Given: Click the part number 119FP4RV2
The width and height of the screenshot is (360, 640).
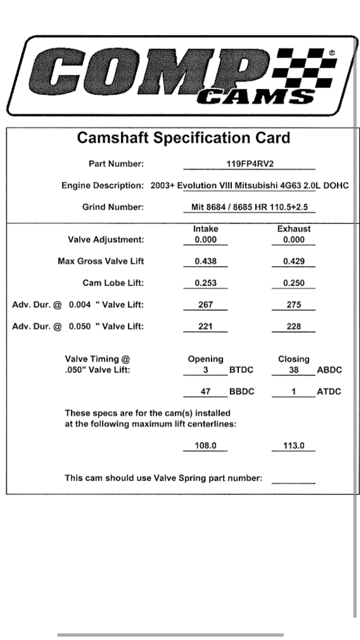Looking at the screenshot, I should point(250,164).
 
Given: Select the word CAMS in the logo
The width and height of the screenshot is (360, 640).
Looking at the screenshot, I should point(255,96).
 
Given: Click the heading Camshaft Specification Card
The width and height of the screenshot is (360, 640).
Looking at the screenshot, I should point(183,138).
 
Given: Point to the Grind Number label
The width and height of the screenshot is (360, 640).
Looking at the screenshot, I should point(113,207).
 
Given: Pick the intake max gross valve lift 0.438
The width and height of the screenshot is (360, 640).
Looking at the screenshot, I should point(205,261).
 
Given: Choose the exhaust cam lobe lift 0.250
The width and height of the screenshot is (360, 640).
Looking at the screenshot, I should point(294,283).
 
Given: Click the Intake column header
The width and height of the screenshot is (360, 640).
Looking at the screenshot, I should point(205,229).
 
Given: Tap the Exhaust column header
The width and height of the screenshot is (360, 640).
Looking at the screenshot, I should point(294,229).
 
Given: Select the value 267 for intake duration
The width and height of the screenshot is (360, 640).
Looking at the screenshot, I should point(205,304).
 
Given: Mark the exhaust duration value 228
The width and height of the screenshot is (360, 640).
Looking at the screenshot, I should point(294,326).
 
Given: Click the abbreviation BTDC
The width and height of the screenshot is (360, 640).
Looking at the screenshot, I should point(241,370).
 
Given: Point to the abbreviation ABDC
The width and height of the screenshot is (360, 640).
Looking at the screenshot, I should point(329,370).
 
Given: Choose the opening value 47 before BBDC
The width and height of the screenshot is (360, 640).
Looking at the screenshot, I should point(205,391).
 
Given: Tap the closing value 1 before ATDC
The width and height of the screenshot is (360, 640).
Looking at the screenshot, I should point(294,391).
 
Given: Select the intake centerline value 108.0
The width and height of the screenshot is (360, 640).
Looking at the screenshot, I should point(205,445).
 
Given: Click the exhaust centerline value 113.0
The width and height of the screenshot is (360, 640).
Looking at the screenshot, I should point(294,445).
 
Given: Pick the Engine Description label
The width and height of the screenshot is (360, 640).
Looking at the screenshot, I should point(102,185).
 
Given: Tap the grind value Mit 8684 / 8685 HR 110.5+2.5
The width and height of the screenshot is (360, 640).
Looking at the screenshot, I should point(249,207).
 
